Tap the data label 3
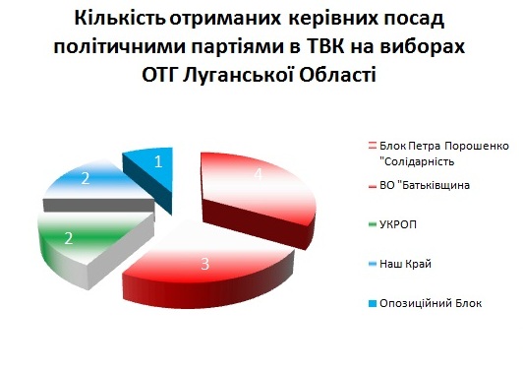coord(204,264)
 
